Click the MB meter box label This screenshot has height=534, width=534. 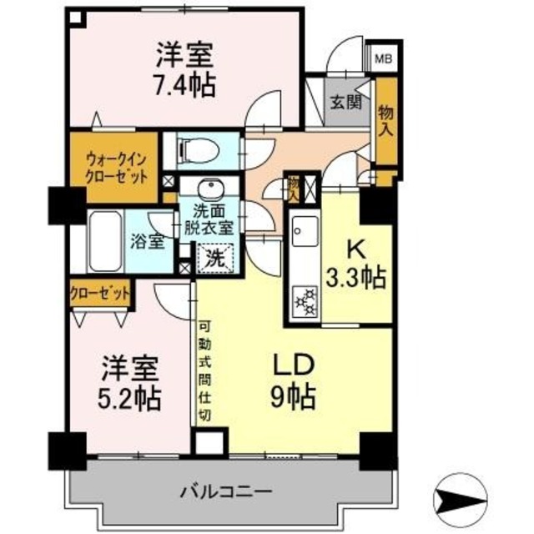click(x=385, y=59)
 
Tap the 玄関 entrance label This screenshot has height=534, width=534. click(x=343, y=103)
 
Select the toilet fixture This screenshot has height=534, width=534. click(x=201, y=151)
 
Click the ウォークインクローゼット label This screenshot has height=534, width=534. click(x=116, y=166)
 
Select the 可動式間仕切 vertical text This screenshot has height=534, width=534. click(x=204, y=371)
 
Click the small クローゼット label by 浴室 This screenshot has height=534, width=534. click(x=100, y=293)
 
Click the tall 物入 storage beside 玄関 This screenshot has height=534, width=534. click(x=385, y=122)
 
